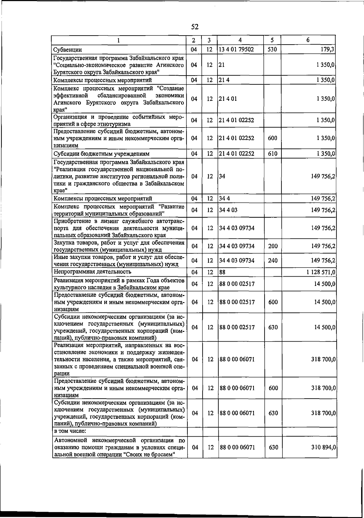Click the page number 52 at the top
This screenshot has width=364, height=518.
pyautogui.click(x=195, y=27)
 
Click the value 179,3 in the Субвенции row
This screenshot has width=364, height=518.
pyautogui.click(x=327, y=49)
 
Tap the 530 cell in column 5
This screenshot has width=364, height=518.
pyautogui.click(x=272, y=49)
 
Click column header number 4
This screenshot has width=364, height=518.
pyautogui.click(x=240, y=40)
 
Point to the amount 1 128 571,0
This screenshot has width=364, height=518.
pyautogui.click(x=321, y=272)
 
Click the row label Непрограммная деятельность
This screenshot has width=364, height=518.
pyautogui.click(x=93, y=271)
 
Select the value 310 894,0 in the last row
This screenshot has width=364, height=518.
pyautogui.click(x=323, y=447)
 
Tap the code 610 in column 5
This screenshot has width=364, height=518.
pyautogui.click(x=272, y=154)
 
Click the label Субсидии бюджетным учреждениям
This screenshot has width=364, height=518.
pyautogui.click(x=101, y=154)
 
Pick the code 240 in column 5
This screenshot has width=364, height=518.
pyautogui.click(x=273, y=261)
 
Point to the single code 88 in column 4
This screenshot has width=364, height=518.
pyautogui.click(x=222, y=272)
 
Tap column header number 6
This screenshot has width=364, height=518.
pyautogui.click(x=308, y=40)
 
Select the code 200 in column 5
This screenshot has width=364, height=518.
pyautogui.click(x=273, y=246)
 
